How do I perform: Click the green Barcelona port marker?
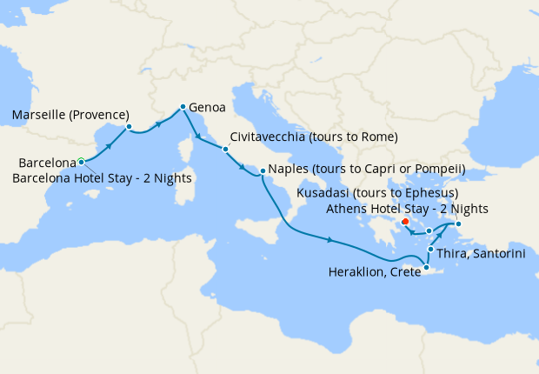(x=81, y=161)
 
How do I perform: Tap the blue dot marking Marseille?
(x=129, y=127)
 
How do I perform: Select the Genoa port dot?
(x=183, y=107)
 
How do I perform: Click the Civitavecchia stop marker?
(x=225, y=149)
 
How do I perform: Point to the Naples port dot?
(x=263, y=170)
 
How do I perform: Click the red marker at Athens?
(x=406, y=221)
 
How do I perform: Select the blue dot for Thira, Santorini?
(x=430, y=250)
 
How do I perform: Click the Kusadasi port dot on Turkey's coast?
(x=458, y=224)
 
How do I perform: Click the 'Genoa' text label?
(x=207, y=109)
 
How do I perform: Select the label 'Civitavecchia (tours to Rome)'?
(x=314, y=137)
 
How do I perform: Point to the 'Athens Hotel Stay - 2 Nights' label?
(x=407, y=209)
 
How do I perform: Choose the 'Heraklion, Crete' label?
(x=374, y=271)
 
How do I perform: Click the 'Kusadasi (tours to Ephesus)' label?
(x=377, y=193)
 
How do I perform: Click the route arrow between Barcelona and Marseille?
(x=109, y=144)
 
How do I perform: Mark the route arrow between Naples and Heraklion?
(x=330, y=240)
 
